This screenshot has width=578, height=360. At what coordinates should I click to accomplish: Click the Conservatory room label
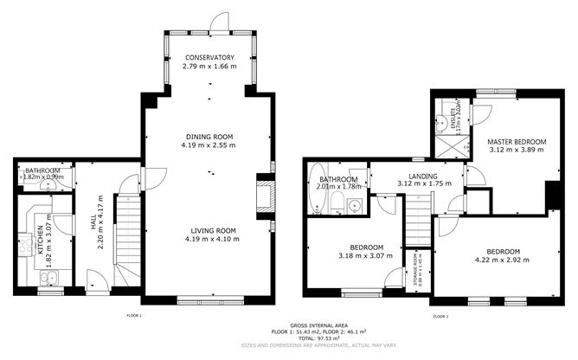click(x=209, y=58)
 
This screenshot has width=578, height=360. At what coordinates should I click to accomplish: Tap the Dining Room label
click(x=209, y=136)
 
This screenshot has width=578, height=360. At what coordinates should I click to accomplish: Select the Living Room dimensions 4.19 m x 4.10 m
click(x=209, y=239)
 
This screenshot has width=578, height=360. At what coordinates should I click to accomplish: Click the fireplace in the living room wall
click(x=264, y=194)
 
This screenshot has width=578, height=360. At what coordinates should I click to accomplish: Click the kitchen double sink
click(x=48, y=279)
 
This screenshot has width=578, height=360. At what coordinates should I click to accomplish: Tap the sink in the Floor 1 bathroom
click(x=54, y=183)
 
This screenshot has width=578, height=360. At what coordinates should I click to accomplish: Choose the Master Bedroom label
click(x=517, y=141)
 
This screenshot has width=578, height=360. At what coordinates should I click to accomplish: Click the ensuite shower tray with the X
click(x=451, y=144)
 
